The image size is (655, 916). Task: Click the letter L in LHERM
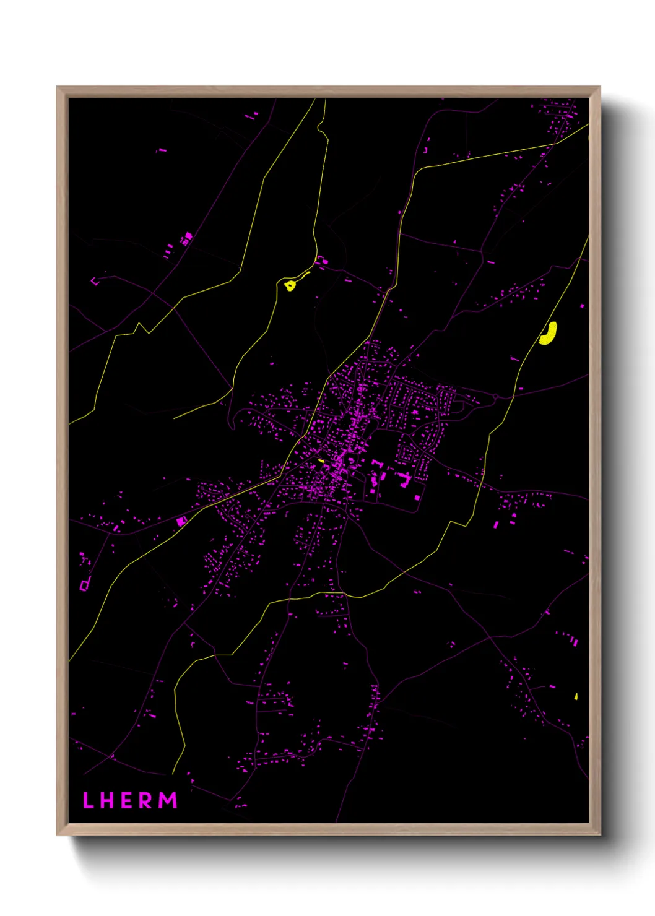(x=88, y=800)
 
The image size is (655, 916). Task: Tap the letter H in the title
(x=106, y=800)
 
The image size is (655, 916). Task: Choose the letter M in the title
(x=168, y=800)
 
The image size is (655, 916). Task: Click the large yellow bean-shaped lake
(x=548, y=333)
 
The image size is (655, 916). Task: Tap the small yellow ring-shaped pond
(x=290, y=285)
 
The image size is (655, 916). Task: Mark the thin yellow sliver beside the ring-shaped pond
(x=304, y=275)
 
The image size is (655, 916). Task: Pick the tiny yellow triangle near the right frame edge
(x=576, y=696)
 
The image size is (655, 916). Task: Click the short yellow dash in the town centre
(x=321, y=460)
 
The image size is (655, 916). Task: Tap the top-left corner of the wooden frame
(x=58, y=88)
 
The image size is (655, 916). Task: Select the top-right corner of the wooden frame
(x=599, y=88)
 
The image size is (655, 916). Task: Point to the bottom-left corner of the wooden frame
(x=58, y=834)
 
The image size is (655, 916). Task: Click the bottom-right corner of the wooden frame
(x=599, y=834)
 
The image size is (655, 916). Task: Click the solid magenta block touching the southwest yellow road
(x=181, y=521)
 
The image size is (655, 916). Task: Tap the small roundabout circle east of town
(x=496, y=396)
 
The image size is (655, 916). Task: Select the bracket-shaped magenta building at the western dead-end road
(x=94, y=282)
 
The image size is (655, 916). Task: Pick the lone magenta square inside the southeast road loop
(x=417, y=497)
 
